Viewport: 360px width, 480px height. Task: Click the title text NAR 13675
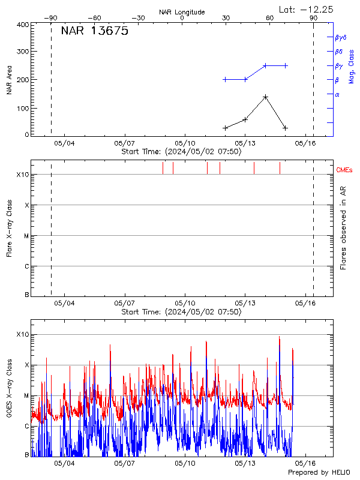click(x=94, y=32)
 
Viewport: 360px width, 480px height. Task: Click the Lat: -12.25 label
click(x=306, y=9)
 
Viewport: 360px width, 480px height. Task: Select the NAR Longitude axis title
click(x=182, y=12)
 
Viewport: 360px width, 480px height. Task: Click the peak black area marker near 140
click(x=265, y=97)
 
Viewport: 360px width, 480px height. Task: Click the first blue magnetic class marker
click(x=225, y=79)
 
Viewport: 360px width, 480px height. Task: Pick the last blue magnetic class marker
click(x=286, y=65)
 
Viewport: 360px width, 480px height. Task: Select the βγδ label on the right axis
click(x=341, y=37)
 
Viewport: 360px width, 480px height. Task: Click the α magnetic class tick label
click(x=337, y=94)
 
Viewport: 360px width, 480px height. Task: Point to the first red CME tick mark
click(x=163, y=168)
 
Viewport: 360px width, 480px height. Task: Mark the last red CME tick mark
click(x=280, y=168)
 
